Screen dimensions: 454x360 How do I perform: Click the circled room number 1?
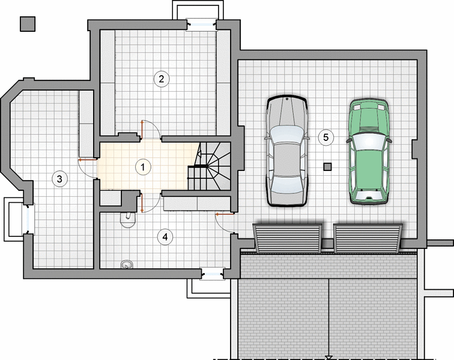[x=143, y=167]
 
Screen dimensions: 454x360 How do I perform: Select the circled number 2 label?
[x=162, y=79]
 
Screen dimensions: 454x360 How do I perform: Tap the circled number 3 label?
[x=59, y=179]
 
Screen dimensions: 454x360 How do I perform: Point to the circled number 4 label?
[x=165, y=237]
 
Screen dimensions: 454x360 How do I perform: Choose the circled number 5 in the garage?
[x=326, y=137]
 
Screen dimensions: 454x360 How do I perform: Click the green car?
[x=369, y=152]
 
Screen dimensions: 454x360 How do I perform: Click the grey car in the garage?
[x=287, y=151]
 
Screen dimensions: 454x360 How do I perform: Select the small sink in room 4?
[x=127, y=264]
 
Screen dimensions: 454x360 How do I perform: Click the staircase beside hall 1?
[x=209, y=166]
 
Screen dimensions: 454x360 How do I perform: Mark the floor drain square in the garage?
[x=327, y=167]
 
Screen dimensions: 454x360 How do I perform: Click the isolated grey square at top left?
[x=28, y=24]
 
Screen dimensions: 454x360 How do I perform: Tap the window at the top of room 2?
[x=202, y=25]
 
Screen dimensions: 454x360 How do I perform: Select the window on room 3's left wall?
[x=28, y=218]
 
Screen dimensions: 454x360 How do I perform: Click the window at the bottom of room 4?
[x=212, y=274]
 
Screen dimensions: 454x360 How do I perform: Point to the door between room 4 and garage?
[x=225, y=223]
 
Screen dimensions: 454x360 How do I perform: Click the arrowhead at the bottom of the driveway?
[x=329, y=358]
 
